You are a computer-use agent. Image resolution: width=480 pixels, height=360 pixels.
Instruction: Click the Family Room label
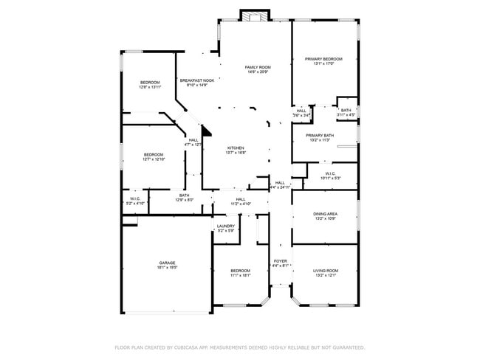[257, 67]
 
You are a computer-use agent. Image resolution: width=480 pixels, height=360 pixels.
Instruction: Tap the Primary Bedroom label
[324, 59]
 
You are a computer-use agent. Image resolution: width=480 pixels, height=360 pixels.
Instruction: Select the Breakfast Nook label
[196, 80]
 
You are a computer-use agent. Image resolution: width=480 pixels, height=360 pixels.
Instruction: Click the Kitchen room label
[236, 148]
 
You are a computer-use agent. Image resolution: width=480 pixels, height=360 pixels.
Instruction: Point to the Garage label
[167, 263]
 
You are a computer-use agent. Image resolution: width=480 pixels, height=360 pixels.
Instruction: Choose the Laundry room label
[226, 226]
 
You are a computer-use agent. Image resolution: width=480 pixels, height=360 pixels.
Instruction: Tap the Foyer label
[281, 261]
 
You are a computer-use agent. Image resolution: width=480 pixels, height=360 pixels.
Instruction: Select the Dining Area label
[326, 214]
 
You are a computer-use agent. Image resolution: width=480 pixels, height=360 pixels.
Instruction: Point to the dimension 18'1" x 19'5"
[167, 268]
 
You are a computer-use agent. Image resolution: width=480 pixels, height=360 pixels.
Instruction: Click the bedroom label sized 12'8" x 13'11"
[150, 82]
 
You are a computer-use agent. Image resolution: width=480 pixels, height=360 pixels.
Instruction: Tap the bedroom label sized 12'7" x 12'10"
[154, 154]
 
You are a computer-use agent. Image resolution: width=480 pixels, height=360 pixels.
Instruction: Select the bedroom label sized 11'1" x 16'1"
[240, 270]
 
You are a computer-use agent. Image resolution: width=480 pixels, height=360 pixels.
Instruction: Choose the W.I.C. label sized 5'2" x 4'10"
[135, 198]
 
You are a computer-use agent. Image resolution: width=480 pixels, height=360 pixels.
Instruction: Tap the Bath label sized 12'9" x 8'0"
[184, 195]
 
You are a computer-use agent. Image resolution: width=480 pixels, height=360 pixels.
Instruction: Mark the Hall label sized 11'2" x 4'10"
[241, 199]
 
